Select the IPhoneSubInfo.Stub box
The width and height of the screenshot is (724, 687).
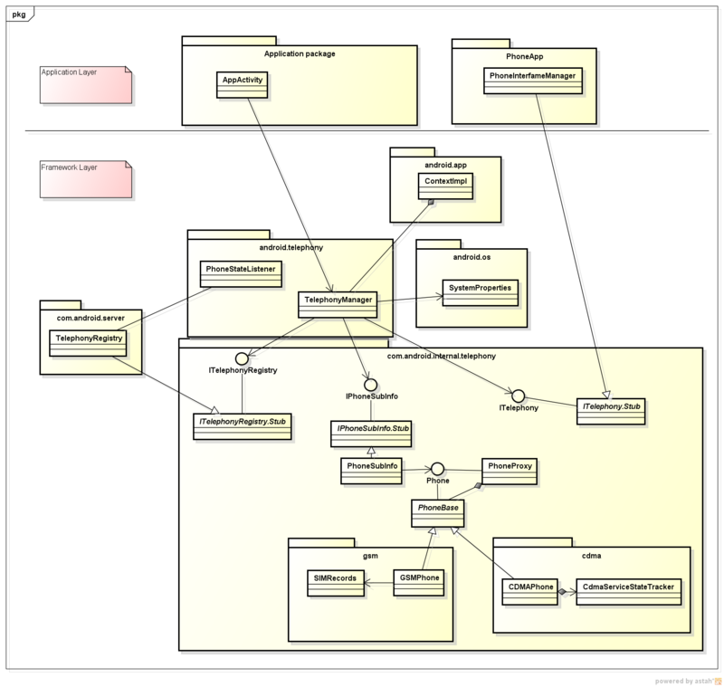pos(370,433)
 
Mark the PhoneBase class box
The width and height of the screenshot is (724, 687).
pos(439,510)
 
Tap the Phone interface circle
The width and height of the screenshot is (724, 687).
pos(438,468)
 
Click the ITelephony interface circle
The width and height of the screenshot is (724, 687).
pos(519,396)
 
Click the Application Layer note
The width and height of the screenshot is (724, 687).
pos(87,83)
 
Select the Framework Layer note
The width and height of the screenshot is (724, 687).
pos(87,178)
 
